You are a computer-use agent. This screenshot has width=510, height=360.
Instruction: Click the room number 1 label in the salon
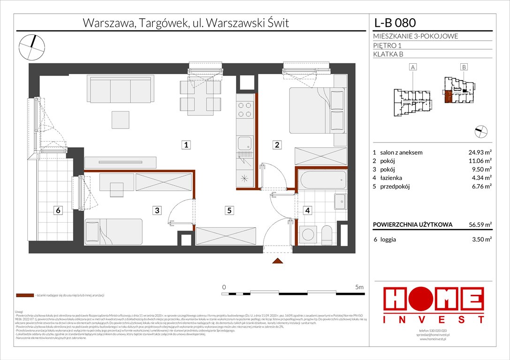(x=187, y=145)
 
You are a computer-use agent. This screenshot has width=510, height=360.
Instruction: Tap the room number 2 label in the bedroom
(x=277, y=145)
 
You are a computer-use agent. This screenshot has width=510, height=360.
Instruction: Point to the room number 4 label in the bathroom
(x=308, y=210)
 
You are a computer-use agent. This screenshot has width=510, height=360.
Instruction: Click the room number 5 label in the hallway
(x=229, y=210)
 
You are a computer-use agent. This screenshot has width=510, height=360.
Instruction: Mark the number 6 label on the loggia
(x=58, y=210)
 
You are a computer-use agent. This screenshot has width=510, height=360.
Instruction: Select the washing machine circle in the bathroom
(x=308, y=233)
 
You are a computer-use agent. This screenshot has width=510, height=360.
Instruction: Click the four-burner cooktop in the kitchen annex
(x=245, y=110)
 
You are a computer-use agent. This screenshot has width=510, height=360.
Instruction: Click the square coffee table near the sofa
(x=120, y=119)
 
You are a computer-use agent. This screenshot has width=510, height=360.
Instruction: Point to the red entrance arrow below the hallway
(x=277, y=262)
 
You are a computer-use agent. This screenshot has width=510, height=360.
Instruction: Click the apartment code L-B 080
(x=395, y=22)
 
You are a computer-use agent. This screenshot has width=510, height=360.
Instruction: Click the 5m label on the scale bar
(x=360, y=286)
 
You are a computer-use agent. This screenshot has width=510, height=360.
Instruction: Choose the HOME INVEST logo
(x=434, y=305)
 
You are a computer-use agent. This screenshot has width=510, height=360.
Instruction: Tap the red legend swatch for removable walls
(x=24, y=296)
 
